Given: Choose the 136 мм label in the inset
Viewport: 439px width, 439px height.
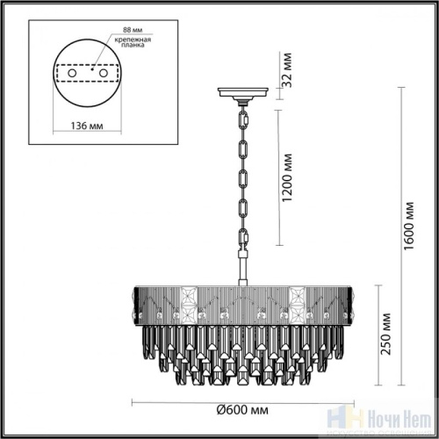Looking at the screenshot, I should pyautogui.click(x=83, y=126).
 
